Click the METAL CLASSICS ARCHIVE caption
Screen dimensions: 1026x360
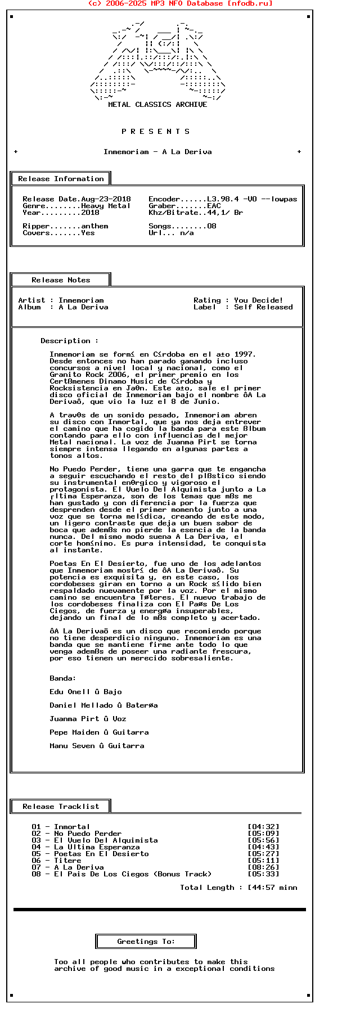click(157, 105)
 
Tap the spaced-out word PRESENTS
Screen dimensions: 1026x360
click(156, 132)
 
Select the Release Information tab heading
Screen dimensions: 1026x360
click(61, 179)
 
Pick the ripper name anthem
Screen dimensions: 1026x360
click(94, 226)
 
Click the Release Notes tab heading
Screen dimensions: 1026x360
click(61, 280)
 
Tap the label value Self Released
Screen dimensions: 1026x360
click(263, 307)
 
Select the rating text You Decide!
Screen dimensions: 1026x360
click(259, 300)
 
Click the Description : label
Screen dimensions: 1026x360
click(69, 341)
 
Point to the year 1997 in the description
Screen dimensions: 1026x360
click(244, 354)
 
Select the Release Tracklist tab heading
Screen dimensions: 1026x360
click(61, 807)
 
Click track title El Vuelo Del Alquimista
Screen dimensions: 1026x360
click(106, 840)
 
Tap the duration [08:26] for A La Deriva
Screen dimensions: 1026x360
click(263, 867)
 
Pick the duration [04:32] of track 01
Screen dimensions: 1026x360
click(263, 827)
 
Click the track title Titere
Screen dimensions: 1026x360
click(67, 861)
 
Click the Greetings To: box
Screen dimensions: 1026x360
click(146, 942)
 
